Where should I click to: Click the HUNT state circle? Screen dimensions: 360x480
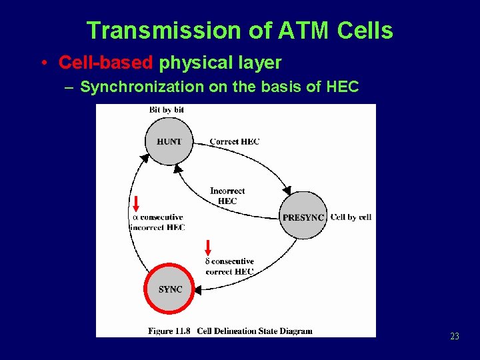pyautogui.click(x=169, y=141)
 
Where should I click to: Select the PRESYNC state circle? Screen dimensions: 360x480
pyautogui.click(x=303, y=217)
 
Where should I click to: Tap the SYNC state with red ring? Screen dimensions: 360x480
pyautogui.click(x=170, y=289)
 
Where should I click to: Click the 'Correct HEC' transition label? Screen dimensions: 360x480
pyautogui.click(x=234, y=141)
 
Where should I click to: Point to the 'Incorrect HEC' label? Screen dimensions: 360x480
pyautogui.click(x=227, y=196)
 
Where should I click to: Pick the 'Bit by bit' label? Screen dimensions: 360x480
pyautogui.click(x=167, y=109)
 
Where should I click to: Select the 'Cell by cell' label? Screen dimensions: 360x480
pyautogui.click(x=351, y=217)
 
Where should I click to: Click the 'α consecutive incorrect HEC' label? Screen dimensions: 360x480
pyautogui.click(x=157, y=222)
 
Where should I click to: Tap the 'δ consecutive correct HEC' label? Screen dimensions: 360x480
pyautogui.click(x=229, y=267)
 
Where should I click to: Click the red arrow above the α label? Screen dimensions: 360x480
pyautogui.click(x=135, y=203)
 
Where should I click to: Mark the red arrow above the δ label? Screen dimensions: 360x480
pyautogui.click(x=207, y=247)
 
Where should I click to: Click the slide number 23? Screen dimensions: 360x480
pyautogui.click(x=455, y=337)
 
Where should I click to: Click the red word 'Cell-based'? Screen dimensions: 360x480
pyautogui.click(x=106, y=63)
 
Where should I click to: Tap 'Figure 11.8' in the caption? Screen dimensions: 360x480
pyautogui.click(x=169, y=330)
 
